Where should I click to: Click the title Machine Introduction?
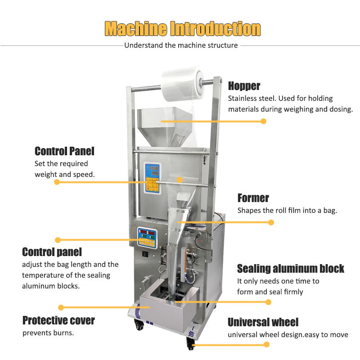coord(183,29)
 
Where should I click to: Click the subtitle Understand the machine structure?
coord(181,45)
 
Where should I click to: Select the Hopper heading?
coord(244,86)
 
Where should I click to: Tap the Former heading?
coord(253,198)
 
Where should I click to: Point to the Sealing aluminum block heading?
coord(290,269)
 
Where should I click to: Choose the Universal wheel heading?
coord(263,322)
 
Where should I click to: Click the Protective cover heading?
coord(58,320)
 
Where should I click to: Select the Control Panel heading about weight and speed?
coord(64,151)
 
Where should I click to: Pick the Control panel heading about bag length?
coord(52,252)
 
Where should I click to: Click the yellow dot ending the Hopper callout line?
coord(263,121)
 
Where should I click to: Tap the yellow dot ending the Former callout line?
coord(271,222)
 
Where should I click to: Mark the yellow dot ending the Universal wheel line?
coord(266,344)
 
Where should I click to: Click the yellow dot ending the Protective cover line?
coord(61,307)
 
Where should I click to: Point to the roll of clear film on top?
coord(183,84)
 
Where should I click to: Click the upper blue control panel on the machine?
coord(152,178)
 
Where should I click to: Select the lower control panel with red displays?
coord(148,238)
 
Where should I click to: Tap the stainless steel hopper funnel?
coord(164,126)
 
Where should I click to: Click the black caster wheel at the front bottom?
coord(190,344)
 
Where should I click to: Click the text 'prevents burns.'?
coord(48,333)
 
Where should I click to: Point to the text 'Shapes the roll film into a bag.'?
coord(287,210)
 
